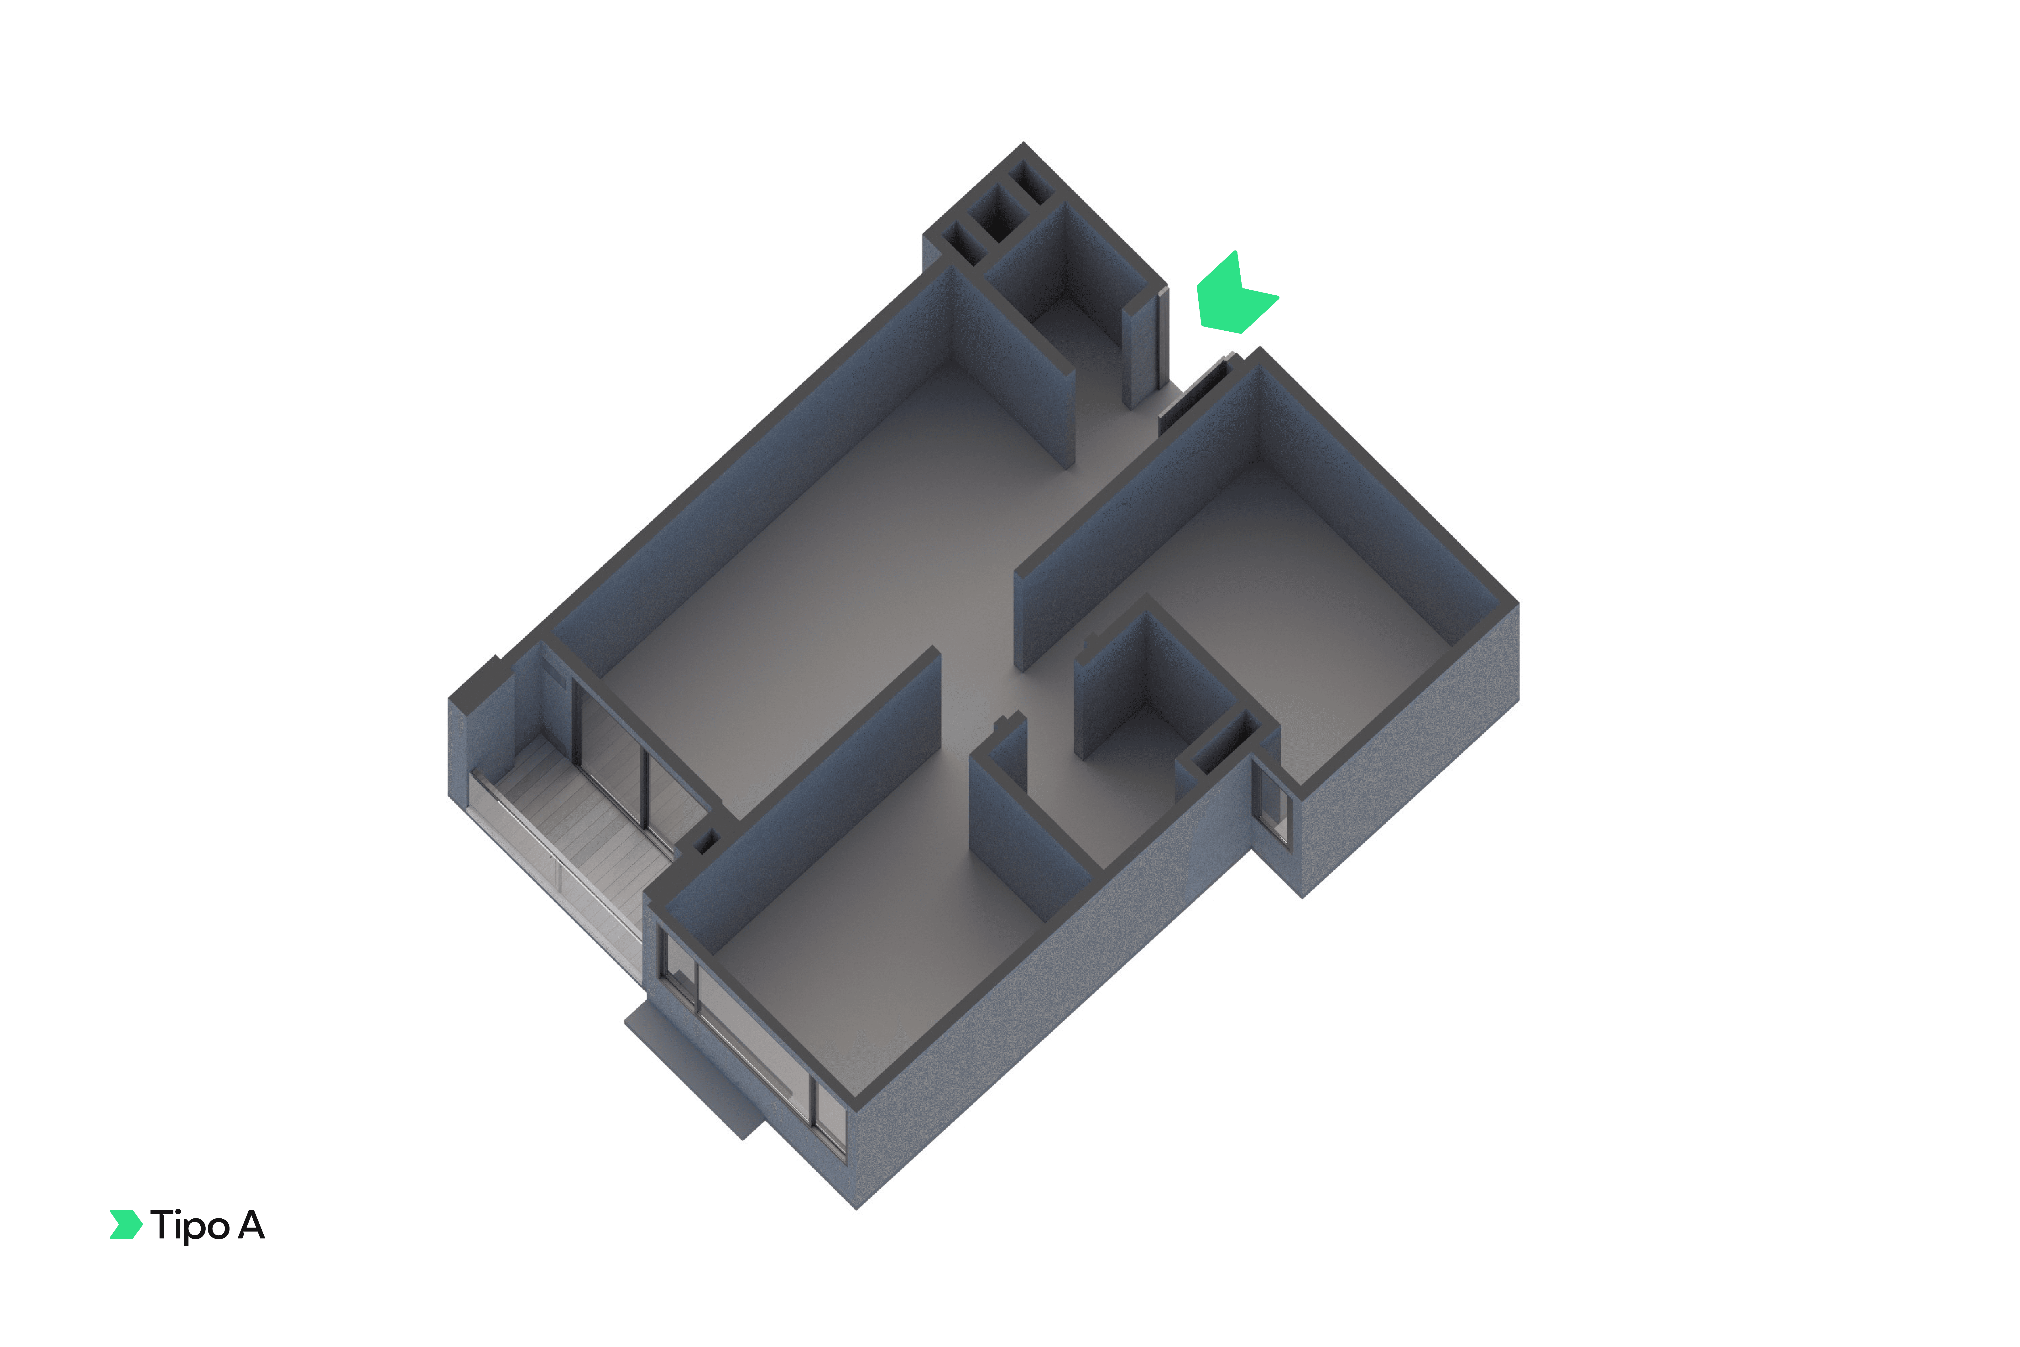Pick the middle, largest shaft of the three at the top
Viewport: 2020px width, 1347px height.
click(x=998, y=213)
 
